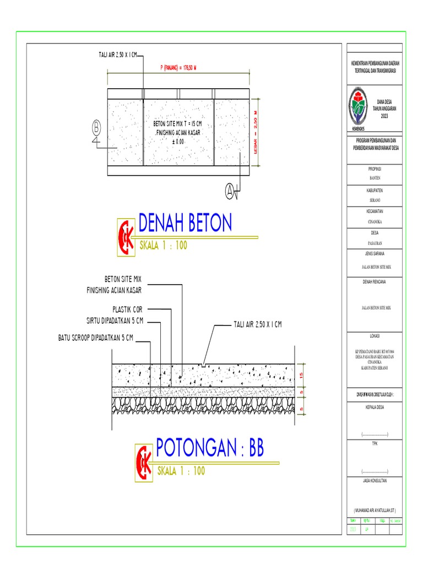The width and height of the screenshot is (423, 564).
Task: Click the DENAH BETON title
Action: click(185, 223)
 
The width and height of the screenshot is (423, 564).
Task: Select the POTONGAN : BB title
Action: click(210, 449)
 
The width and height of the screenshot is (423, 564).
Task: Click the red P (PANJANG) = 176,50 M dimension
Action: click(178, 68)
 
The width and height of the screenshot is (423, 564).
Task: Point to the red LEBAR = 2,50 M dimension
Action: click(255, 132)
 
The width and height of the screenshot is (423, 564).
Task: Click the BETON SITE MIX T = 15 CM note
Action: click(178, 124)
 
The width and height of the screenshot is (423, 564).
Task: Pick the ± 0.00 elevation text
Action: click(178, 142)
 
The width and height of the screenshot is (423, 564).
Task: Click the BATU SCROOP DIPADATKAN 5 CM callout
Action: click(96, 337)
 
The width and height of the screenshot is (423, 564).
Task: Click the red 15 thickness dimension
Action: click(302, 375)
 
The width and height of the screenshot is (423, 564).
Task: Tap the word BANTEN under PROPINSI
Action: click(375, 178)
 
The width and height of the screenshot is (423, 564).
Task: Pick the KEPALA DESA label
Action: click(375, 407)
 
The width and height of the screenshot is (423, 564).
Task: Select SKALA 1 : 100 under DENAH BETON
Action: click(163, 246)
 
